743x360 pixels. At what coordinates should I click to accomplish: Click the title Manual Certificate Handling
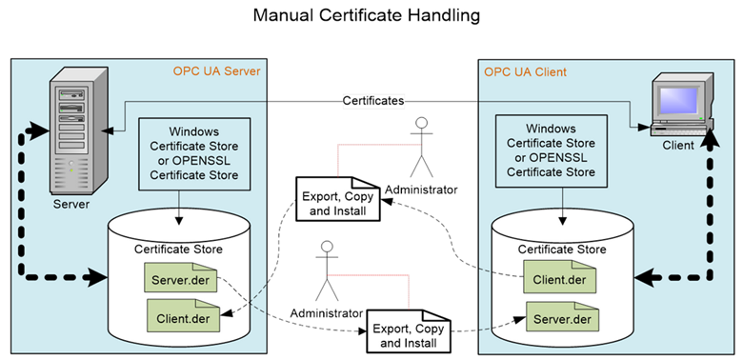click(x=372, y=16)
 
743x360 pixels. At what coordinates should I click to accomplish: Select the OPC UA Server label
click(x=216, y=71)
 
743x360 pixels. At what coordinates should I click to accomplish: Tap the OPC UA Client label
click(x=525, y=71)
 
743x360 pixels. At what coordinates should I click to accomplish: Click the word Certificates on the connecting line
click(x=373, y=99)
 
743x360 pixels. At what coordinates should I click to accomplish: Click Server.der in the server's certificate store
click(x=182, y=280)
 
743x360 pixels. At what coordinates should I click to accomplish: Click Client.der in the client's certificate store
click(x=560, y=280)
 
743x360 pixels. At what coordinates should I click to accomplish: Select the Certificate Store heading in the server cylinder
click(x=178, y=250)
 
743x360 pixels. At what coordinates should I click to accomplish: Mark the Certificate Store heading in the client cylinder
click(x=562, y=250)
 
